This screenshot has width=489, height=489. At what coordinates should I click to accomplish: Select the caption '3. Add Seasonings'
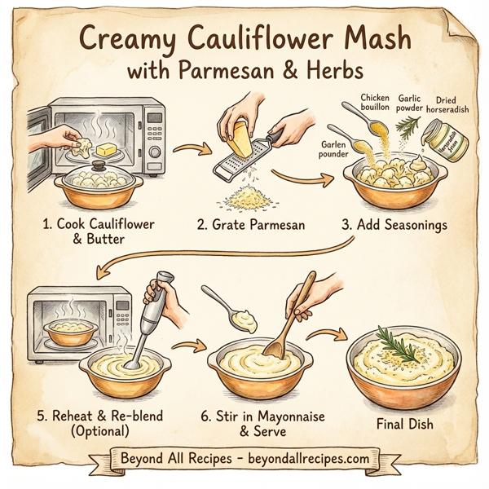[x=393, y=224]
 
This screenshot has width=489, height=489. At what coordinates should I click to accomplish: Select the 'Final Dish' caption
[x=404, y=424]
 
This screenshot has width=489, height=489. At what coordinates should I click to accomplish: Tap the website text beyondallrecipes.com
[x=310, y=460]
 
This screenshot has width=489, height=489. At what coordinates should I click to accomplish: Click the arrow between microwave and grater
[x=190, y=148]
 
